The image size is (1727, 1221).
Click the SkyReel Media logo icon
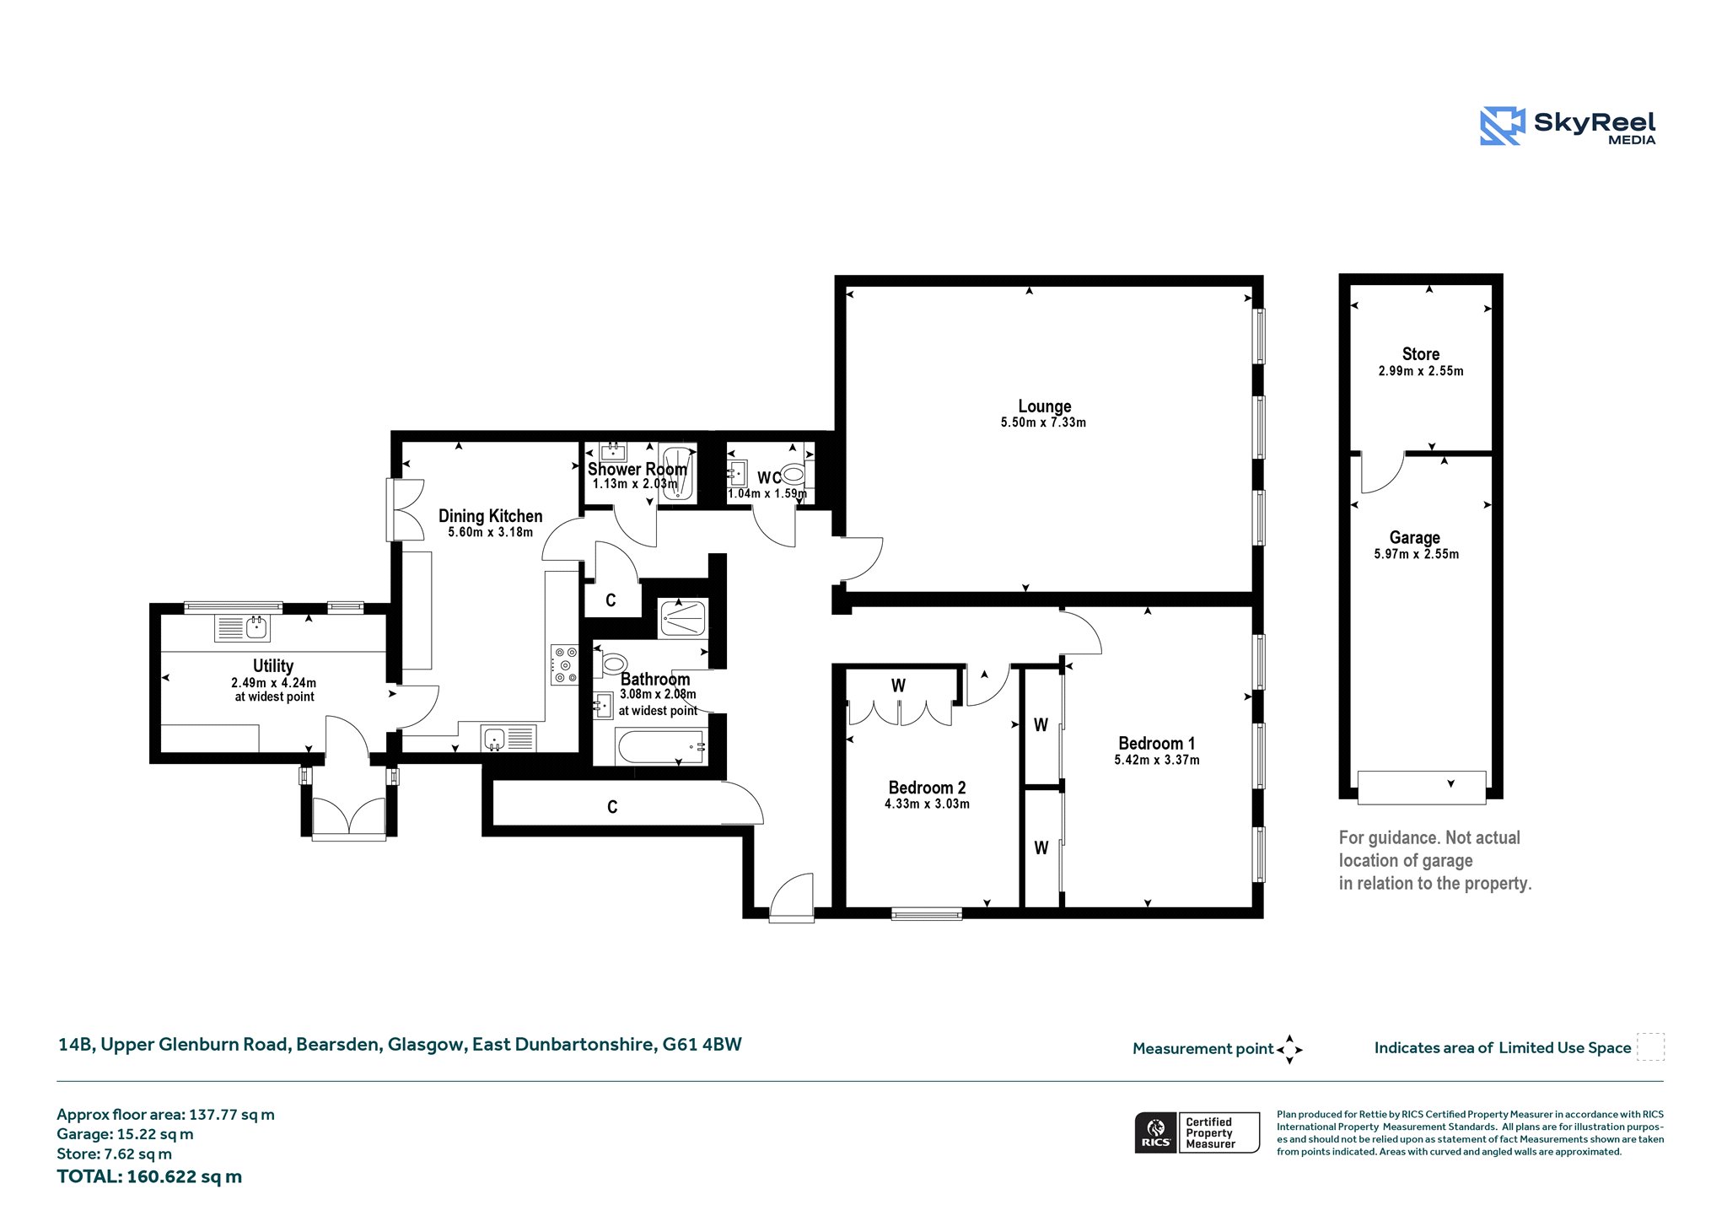tap(1502, 126)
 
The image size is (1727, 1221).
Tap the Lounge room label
tap(1044, 406)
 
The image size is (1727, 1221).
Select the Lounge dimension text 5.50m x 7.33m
tap(1043, 422)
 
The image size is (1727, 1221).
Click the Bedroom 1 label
tap(1156, 743)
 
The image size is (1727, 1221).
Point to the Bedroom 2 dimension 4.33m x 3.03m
tap(927, 804)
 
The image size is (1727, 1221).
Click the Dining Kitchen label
tap(490, 516)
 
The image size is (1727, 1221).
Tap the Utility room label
tap(273, 666)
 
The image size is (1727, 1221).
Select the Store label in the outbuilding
tap(1420, 354)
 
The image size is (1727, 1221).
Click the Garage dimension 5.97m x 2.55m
tap(1416, 554)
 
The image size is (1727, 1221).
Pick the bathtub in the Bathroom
tap(661, 747)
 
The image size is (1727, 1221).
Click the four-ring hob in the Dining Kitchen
tap(565, 664)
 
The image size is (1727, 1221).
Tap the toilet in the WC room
tap(793, 475)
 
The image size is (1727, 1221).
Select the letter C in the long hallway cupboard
tap(612, 807)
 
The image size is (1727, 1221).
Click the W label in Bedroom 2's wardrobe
tap(898, 686)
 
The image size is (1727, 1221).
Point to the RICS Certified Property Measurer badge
tap(1197, 1132)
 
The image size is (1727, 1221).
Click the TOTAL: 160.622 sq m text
tap(149, 1176)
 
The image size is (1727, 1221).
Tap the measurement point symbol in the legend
tap(1289, 1050)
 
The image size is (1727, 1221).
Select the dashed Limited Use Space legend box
tap(1650, 1047)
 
